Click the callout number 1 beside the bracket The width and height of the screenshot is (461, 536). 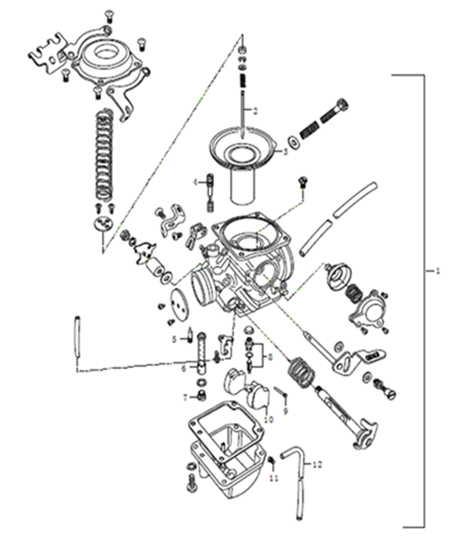(438, 271)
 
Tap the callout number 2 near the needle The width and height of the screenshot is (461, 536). (255, 110)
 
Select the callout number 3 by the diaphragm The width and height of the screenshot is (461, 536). (285, 151)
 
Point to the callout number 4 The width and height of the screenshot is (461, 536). (196, 182)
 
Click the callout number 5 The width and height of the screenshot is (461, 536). (174, 339)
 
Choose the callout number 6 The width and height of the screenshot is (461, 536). (183, 369)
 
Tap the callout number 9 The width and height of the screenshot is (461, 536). (285, 412)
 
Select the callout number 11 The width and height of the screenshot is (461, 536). (273, 477)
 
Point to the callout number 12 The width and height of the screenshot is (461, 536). (317, 464)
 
